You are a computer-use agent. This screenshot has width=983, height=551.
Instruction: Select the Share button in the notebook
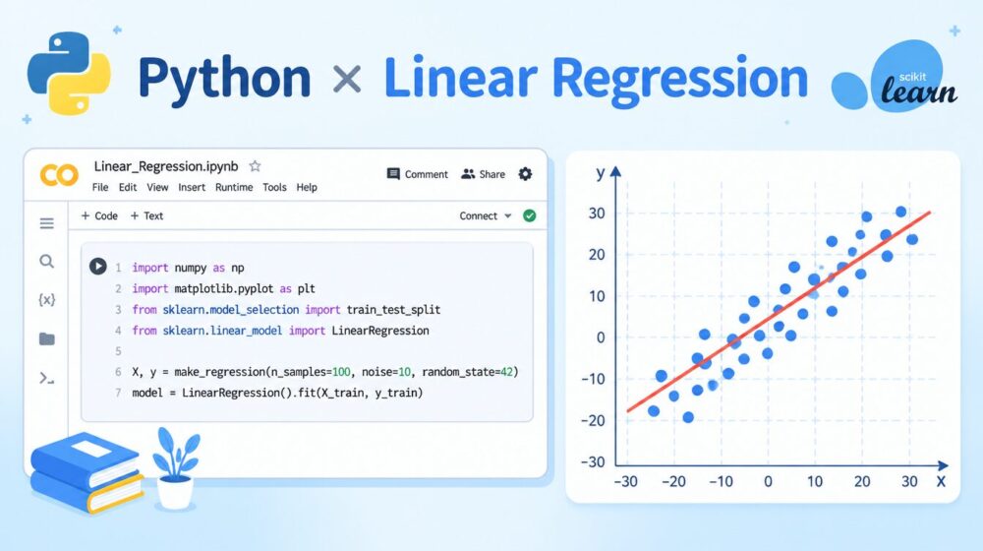click(x=484, y=174)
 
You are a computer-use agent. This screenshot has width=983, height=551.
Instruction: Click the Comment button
click(x=418, y=174)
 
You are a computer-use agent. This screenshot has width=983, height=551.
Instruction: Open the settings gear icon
click(x=525, y=174)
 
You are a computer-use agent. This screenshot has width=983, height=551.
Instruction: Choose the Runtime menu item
click(x=234, y=187)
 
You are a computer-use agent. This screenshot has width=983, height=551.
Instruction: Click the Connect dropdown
click(x=486, y=215)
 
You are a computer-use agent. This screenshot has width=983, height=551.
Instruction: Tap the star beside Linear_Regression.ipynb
click(x=255, y=166)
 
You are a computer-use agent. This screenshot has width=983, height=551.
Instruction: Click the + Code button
click(x=99, y=215)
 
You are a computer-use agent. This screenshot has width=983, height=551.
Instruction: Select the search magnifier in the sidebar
click(x=46, y=262)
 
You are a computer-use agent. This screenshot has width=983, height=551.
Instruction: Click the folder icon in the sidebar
click(x=46, y=338)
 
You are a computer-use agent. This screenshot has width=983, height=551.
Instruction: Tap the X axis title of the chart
click(x=941, y=482)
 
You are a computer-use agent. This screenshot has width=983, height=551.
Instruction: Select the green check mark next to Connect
click(x=530, y=215)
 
